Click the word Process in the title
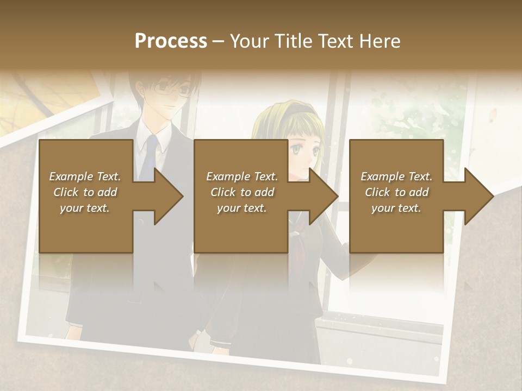(171, 41)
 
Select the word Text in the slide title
(335, 41)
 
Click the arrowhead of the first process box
(167, 196)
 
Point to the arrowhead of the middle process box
(322, 196)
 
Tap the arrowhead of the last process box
(477, 196)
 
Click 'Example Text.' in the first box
(85, 176)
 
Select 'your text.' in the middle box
(241, 208)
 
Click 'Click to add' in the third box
(396, 192)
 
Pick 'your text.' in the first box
(85, 208)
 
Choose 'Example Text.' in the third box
(396, 176)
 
